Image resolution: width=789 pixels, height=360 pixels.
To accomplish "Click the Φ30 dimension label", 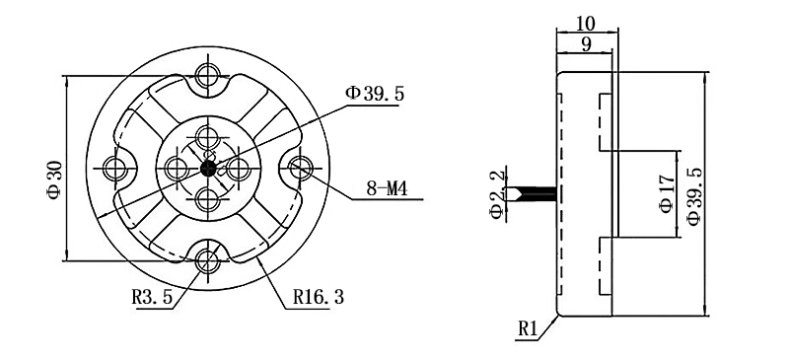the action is point(55,180).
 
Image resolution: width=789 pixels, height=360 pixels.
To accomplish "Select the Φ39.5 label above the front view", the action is point(375,94).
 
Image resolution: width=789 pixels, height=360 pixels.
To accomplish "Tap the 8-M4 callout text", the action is point(387,189).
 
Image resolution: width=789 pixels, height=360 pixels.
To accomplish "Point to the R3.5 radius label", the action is point(152,297).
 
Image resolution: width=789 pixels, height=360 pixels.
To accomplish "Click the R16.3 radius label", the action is point(319,297).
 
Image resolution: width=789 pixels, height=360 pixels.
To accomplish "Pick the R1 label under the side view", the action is point(529,329).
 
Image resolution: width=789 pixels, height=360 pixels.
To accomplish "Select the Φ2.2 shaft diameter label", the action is point(497,194).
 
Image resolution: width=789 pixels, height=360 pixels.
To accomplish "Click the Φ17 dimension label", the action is point(667,194).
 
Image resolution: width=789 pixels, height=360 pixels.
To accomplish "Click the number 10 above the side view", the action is point(585,23).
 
